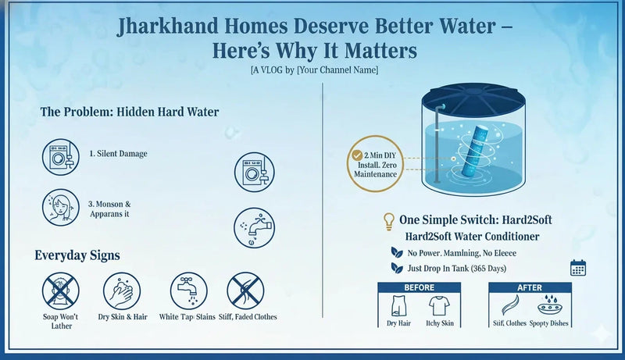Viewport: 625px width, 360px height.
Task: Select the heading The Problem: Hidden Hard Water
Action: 130,112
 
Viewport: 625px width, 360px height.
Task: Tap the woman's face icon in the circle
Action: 61,207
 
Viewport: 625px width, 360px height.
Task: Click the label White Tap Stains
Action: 187,317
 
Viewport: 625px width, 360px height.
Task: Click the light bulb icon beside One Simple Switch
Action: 387,221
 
